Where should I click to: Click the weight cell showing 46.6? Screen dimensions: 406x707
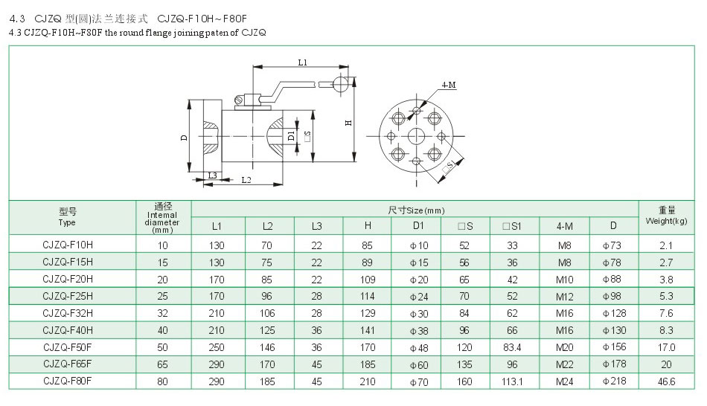click(x=667, y=381)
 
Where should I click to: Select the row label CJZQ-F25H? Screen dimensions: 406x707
click(x=68, y=295)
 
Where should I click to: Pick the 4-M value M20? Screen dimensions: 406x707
click(x=565, y=347)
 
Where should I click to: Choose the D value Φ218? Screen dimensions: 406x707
click(x=614, y=381)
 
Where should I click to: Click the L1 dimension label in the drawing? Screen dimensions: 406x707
click(x=303, y=63)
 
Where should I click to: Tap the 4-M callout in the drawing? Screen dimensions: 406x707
click(x=449, y=86)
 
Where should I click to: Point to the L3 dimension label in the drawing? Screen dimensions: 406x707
click(x=212, y=175)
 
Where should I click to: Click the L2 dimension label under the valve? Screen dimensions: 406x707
click(x=246, y=180)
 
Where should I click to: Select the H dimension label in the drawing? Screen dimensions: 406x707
click(x=348, y=123)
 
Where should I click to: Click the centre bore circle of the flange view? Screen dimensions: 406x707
click(x=416, y=136)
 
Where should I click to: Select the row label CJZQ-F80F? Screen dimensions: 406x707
click(x=68, y=381)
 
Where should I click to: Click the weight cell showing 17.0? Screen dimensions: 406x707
click(x=667, y=347)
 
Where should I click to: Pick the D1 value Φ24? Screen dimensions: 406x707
click(x=418, y=295)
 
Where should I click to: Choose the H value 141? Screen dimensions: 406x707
click(x=368, y=329)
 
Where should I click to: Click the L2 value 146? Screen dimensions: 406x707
click(x=268, y=347)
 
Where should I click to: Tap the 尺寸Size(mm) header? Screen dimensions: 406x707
click(x=416, y=210)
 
